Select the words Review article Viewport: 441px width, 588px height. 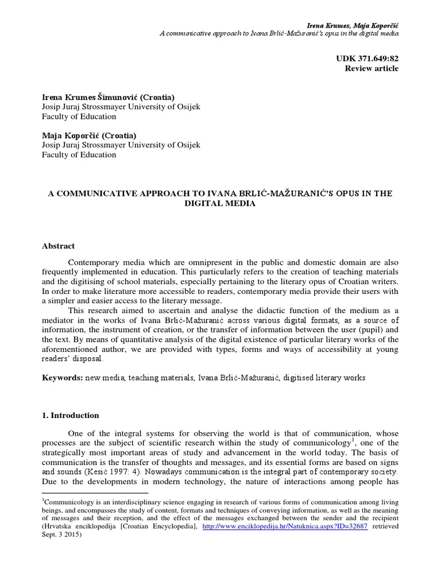coord(371,68)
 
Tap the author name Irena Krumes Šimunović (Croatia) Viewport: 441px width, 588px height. coord(108,97)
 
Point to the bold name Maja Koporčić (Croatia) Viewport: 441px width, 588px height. coord(89,135)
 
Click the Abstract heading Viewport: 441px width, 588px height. coord(58,246)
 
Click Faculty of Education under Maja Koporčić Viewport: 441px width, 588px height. coord(79,155)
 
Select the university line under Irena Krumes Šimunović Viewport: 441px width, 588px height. coord(121,107)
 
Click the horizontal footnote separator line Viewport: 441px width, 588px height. coord(95,493)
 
